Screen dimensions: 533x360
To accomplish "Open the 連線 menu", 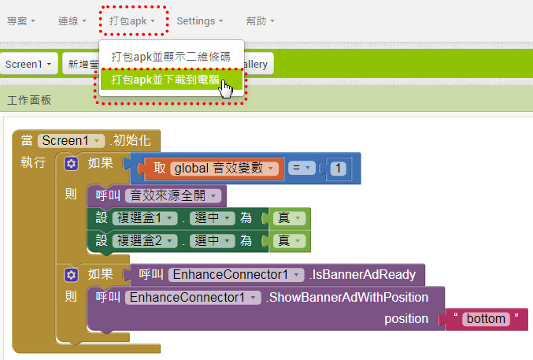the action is click(72, 21).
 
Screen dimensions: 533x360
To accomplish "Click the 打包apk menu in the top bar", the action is click(132, 21).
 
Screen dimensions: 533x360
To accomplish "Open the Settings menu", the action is click(200, 21).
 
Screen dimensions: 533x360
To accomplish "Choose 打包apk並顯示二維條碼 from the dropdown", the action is click(171, 57).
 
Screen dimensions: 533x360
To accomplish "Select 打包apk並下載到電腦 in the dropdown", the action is click(165, 80).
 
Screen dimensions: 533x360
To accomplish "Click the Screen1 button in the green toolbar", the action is click(28, 64).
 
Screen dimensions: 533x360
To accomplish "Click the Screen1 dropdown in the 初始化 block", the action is click(71, 140).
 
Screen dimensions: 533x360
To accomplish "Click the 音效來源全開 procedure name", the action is click(174, 195).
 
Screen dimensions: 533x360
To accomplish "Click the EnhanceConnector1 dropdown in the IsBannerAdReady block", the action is click(235, 275).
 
